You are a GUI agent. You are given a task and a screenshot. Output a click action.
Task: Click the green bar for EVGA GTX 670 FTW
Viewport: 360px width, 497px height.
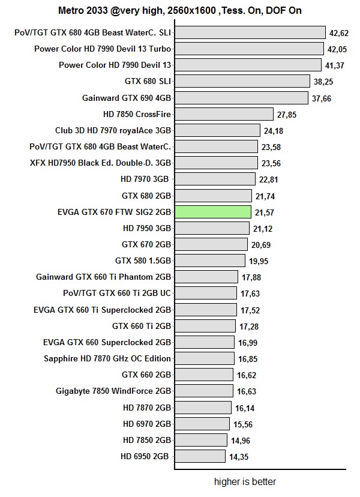pos(213,212)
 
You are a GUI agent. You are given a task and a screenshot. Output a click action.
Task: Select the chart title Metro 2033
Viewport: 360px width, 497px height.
pos(179,10)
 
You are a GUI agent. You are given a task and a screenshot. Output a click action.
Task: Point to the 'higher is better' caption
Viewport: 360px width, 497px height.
pos(245,481)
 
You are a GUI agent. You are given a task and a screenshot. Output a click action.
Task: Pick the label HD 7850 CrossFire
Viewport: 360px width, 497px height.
pos(137,114)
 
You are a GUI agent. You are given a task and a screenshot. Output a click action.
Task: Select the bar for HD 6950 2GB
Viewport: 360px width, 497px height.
pos(200,456)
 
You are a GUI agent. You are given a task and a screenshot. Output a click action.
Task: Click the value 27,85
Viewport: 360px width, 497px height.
pos(286,114)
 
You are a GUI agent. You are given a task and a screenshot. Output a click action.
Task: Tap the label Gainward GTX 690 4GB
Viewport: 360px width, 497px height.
pos(127,98)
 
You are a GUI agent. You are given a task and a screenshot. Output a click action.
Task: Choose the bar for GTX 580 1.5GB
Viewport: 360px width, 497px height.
pos(210,261)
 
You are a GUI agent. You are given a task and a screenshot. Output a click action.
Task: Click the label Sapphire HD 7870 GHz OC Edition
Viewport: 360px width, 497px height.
pos(107,358)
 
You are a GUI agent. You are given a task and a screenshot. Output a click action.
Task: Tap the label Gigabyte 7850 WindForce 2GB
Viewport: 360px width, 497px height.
pos(113,391)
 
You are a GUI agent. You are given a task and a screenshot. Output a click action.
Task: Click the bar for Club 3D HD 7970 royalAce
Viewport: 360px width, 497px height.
pos(217,130)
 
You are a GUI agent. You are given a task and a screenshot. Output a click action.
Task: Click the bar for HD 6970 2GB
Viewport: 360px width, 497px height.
pos(202,424)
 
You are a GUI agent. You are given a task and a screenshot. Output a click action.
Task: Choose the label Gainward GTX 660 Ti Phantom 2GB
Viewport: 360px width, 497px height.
pos(104,277)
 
